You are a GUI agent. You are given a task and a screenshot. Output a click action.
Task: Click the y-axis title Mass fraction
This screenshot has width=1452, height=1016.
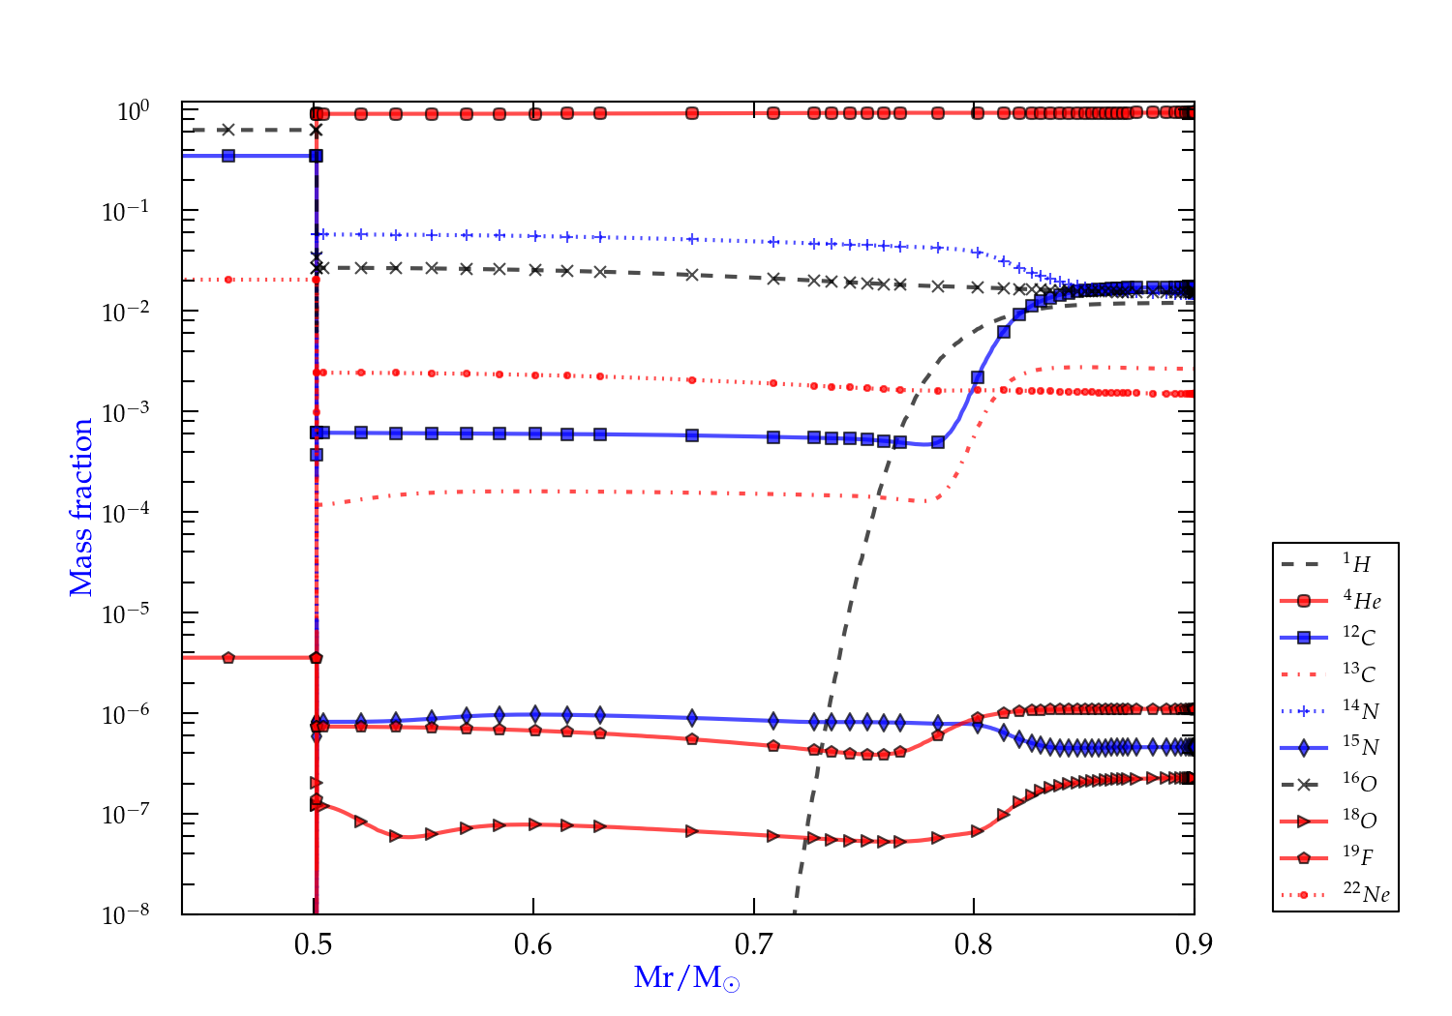pos(81,508)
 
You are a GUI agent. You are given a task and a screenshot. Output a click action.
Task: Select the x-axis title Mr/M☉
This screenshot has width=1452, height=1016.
pos(686,978)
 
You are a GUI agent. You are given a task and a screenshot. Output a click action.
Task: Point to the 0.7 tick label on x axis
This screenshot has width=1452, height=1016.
pos(753,944)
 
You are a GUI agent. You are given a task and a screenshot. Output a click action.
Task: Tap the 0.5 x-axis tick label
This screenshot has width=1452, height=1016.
pos(313,944)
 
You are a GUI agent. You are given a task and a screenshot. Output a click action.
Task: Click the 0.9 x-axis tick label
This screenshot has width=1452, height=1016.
pos(1194,944)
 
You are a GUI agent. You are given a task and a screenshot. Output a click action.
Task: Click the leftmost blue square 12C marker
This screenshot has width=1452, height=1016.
pos(228,155)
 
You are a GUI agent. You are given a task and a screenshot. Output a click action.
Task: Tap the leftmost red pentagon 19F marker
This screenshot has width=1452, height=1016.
pos(228,658)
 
